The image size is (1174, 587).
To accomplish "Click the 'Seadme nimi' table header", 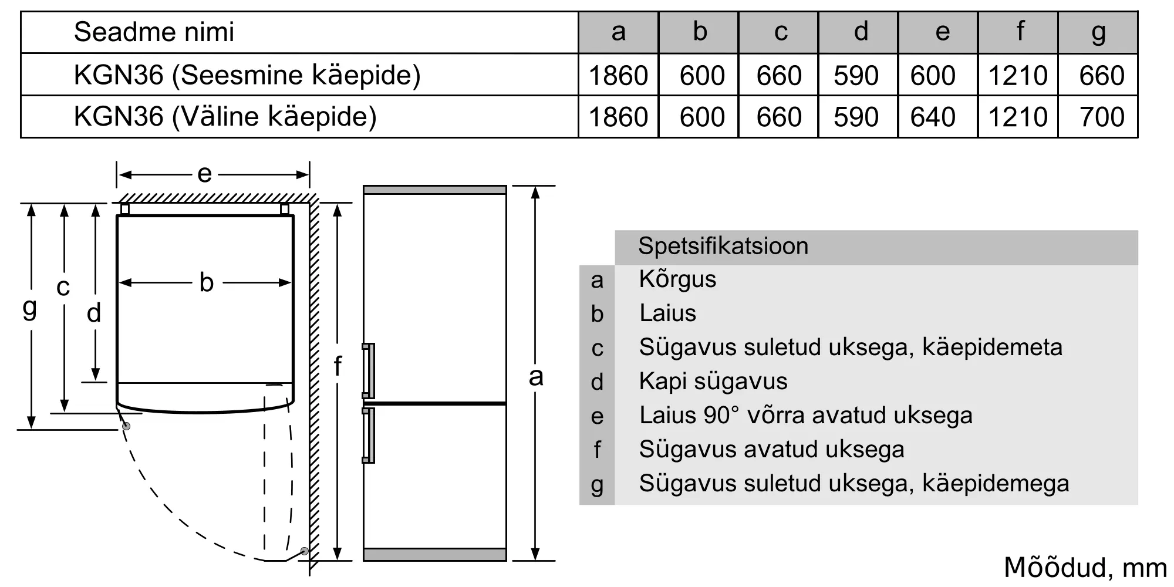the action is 154,32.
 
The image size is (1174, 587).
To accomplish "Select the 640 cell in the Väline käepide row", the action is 933,117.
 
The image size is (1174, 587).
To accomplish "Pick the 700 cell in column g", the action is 1101,117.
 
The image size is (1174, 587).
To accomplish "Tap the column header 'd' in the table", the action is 861,32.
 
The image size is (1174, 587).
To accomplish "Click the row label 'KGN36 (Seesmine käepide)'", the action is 247,75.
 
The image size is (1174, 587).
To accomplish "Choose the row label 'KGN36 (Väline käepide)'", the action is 225,117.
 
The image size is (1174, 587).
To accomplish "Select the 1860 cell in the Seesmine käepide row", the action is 618,76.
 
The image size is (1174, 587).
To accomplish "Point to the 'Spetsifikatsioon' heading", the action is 723,246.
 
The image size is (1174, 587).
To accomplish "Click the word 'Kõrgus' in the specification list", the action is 677,279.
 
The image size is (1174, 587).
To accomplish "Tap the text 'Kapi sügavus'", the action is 713,382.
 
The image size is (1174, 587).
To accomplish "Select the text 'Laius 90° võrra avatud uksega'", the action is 805,416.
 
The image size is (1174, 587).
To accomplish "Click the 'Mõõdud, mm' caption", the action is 1085,568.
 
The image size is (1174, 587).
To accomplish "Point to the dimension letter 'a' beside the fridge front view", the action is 535,377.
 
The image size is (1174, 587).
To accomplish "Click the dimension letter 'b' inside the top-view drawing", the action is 206,283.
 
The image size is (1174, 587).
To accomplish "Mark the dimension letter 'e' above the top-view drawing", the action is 204,174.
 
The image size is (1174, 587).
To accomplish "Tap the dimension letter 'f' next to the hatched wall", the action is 338,366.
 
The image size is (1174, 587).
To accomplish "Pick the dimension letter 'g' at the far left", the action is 29,308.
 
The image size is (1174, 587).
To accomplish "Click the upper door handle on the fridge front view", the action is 369,371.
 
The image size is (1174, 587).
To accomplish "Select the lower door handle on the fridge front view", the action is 369,436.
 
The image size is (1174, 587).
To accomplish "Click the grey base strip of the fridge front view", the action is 434,554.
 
